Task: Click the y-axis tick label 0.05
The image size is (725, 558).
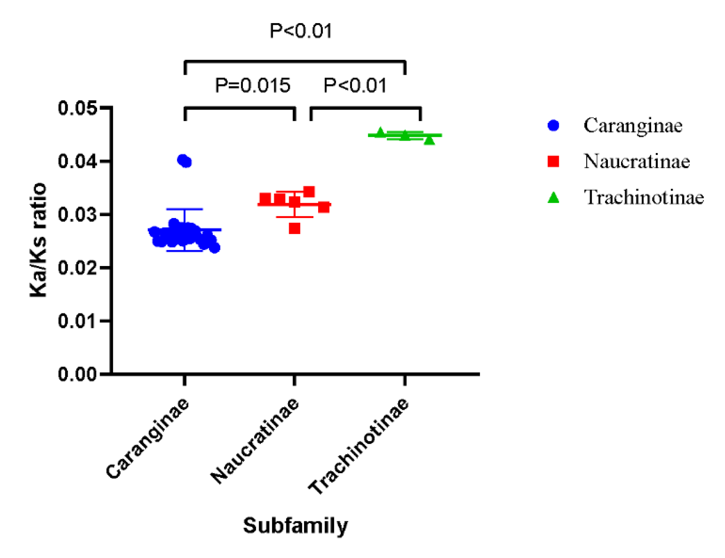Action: point(78,108)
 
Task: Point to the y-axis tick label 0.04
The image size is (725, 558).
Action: point(78,161)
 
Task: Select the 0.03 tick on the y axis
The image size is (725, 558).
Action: point(78,215)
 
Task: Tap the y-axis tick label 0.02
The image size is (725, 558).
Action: point(78,268)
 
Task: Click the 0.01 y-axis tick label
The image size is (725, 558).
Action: point(78,321)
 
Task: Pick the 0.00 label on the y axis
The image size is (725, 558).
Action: point(78,374)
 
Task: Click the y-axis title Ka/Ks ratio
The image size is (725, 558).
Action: point(38,240)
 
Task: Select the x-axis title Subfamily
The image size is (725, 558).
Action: point(295,526)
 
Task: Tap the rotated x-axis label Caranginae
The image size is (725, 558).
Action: point(148,439)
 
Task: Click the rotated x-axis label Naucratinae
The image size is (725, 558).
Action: point(255,441)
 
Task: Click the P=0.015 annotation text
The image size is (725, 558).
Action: point(252,86)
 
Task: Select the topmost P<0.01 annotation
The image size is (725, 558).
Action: point(301,31)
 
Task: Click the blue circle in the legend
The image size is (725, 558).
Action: point(553,125)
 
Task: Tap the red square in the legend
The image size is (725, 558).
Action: point(553,161)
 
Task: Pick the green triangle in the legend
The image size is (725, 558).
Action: point(553,198)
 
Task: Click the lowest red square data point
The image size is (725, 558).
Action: point(295,228)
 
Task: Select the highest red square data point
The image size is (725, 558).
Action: point(309,192)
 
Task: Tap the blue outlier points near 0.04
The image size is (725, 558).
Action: point(184,161)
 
